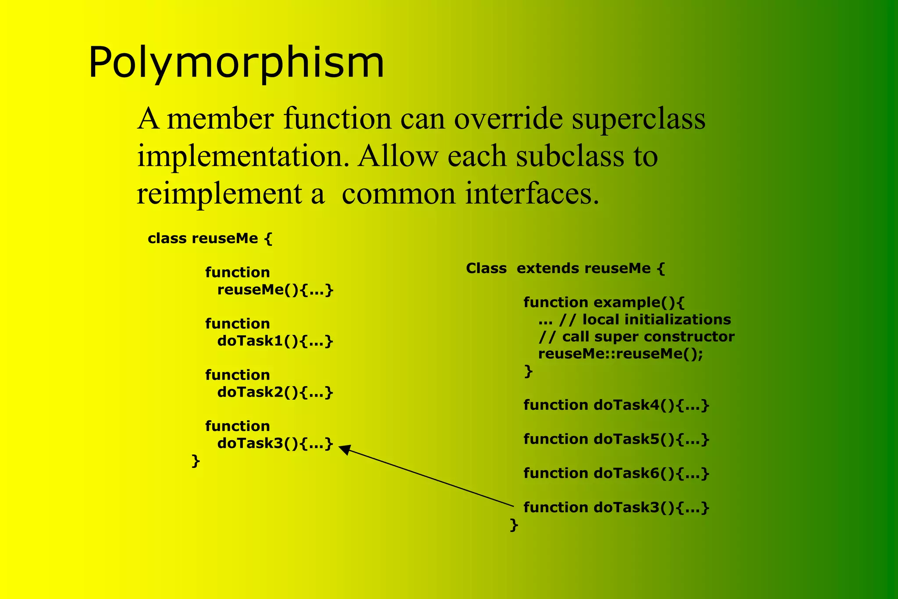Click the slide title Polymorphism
236,63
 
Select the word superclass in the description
638,119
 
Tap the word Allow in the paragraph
397,156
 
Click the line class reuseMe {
210,239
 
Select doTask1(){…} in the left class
275,341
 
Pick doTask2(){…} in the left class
275,392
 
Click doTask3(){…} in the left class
275,443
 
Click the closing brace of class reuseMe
196,461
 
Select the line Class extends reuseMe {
565,268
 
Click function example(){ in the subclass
604,302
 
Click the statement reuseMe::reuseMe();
620,354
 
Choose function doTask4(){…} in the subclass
616,405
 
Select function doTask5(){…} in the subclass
616,439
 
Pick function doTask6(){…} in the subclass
616,473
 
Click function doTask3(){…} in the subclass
616,508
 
